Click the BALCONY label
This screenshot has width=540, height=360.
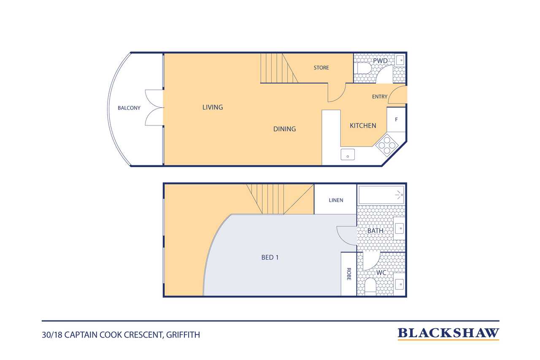tap(129, 108)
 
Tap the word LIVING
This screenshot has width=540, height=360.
tap(213, 107)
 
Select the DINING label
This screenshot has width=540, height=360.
tap(284, 129)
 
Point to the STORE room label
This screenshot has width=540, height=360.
tap(321, 68)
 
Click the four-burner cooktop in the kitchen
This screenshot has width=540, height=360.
tap(387, 145)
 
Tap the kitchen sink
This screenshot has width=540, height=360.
tap(348, 154)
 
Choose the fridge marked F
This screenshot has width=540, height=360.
tap(396, 119)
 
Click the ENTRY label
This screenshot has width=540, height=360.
tap(380, 97)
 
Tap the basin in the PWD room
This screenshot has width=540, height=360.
tap(400, 60)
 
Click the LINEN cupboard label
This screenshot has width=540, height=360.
tap(336, 200)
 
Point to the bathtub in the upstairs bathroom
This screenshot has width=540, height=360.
tap(381, 195)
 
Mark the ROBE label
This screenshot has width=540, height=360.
tap(348, 274)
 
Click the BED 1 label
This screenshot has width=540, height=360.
tap(270, 257)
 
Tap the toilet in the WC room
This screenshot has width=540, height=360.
tap(370, 287)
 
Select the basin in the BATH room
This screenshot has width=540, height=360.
tap(400, 228)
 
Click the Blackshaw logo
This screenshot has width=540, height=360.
tap(448, 334)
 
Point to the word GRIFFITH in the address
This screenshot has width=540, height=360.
tap(183, 335)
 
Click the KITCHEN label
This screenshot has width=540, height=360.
tap(363, 126)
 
